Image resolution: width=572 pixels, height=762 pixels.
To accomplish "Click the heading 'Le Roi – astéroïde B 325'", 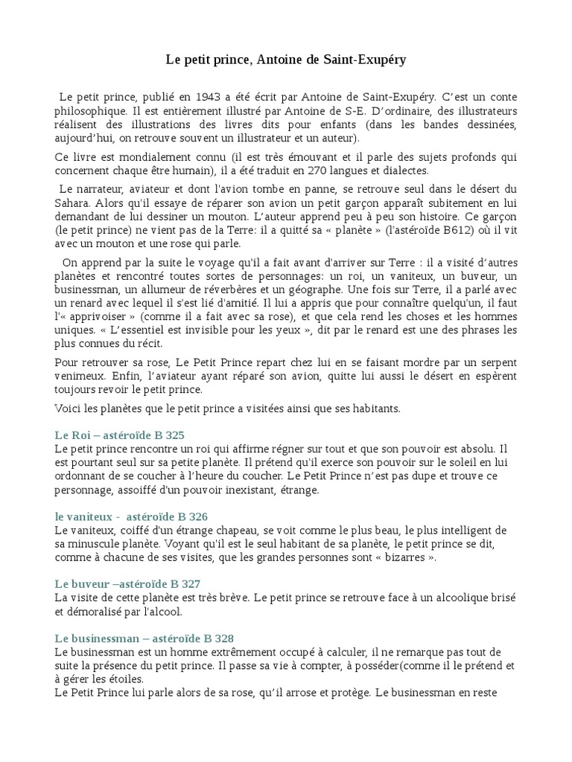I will pyautogui.click(x=119, y=435).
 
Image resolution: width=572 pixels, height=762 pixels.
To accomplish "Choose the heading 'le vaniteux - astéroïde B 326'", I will pyautogui.click(x=131, y=516).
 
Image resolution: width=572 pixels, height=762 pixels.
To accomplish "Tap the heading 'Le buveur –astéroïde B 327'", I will pyautogui.click(x=127, y=584).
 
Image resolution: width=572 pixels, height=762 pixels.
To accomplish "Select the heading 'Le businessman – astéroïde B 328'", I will pyautogui.click(x=144, y=638).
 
